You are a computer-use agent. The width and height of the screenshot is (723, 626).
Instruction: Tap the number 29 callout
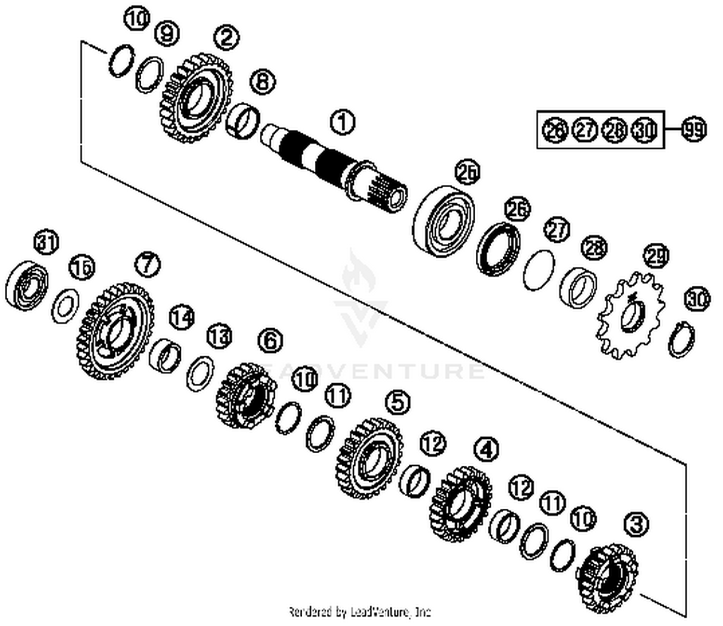point(656,256)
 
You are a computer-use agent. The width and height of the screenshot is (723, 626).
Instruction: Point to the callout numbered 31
point(47,242)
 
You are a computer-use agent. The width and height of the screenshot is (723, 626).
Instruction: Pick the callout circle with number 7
point(147,264)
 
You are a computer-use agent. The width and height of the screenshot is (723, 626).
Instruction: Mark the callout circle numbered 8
point(263,82)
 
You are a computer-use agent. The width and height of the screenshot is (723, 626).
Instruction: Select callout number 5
point(398,402)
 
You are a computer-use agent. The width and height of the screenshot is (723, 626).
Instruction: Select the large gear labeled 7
point(116,331)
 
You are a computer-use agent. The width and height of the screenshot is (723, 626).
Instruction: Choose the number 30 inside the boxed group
point(644,130)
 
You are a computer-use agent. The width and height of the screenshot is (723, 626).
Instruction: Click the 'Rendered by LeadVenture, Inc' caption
point(359,612)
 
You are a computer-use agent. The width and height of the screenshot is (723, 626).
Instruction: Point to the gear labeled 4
point(460,503)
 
